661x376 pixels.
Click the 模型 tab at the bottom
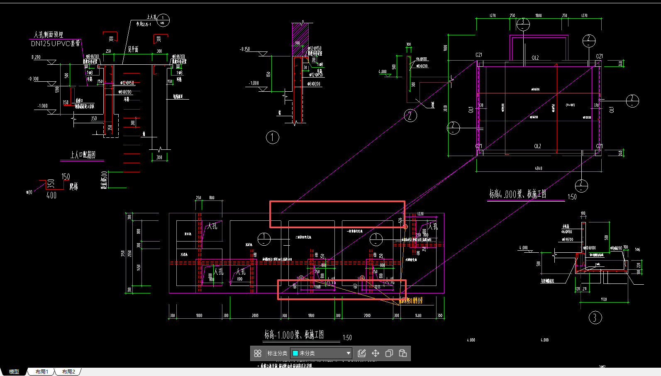(14, 371)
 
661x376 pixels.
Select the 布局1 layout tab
(41, 371)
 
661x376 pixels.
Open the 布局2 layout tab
(68, 371)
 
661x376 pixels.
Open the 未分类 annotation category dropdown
(321, 353)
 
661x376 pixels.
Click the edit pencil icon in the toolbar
(362, 353)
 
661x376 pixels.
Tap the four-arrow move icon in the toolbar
(376, 353)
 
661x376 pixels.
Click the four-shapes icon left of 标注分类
(258, 353)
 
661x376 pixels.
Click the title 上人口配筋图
(83, 155)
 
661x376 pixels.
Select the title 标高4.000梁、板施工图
(517, 194)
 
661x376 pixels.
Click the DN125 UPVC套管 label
(55, 43)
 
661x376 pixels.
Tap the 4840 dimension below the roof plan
(538, 168)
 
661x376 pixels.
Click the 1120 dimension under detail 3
(604, 299)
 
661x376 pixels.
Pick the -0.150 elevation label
(245, 49)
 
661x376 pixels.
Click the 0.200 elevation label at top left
(36, 57)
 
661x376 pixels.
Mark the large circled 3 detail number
(595, 318)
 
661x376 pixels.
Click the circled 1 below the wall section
(273, 137)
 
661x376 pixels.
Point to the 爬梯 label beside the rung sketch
(74, 187)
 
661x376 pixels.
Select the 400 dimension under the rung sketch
(51, 195)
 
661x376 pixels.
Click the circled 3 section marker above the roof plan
(523, 23)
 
